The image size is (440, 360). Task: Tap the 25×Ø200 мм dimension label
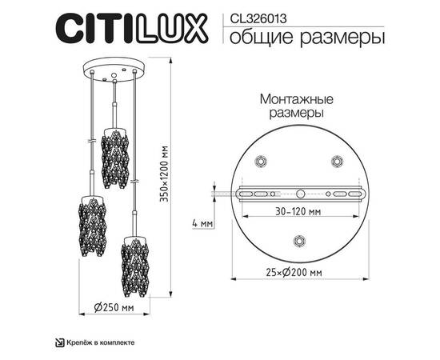(x=297, y=272)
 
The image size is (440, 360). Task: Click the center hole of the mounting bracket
(x=298, y=193)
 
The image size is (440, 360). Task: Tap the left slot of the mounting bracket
(x=258, y=193)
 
